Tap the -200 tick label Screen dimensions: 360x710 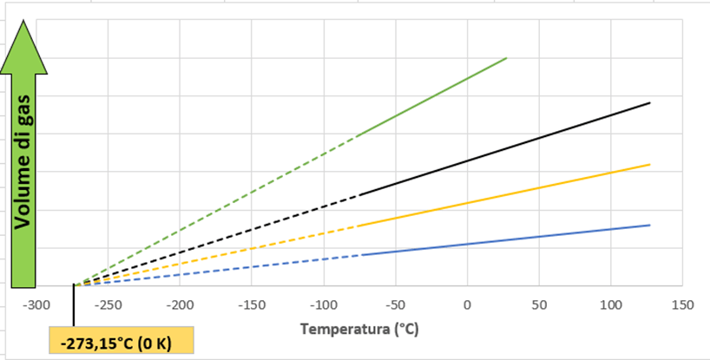click(x=180, y=304)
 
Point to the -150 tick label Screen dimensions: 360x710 click(x=252, y=304)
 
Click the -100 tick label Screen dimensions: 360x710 click(x=324, y=304)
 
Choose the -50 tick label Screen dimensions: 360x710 click(x=395, y=304)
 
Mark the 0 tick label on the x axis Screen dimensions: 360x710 click(x=467, y=304)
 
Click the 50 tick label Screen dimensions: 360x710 click(x=538, y=304)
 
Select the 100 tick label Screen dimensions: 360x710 click(x=610, y=304)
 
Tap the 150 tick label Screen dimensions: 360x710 click(x=682, y=304)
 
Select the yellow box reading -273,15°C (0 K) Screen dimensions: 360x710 click(x=121, y=342)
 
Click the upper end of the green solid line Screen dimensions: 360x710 click(x=506, y=58)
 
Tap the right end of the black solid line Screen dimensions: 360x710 click(x=649, y=102)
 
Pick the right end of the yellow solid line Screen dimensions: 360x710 click(x=649, y=164)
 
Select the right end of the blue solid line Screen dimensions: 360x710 click(x=649, y=225)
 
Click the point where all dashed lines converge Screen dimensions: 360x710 click(x=75, y=285)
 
